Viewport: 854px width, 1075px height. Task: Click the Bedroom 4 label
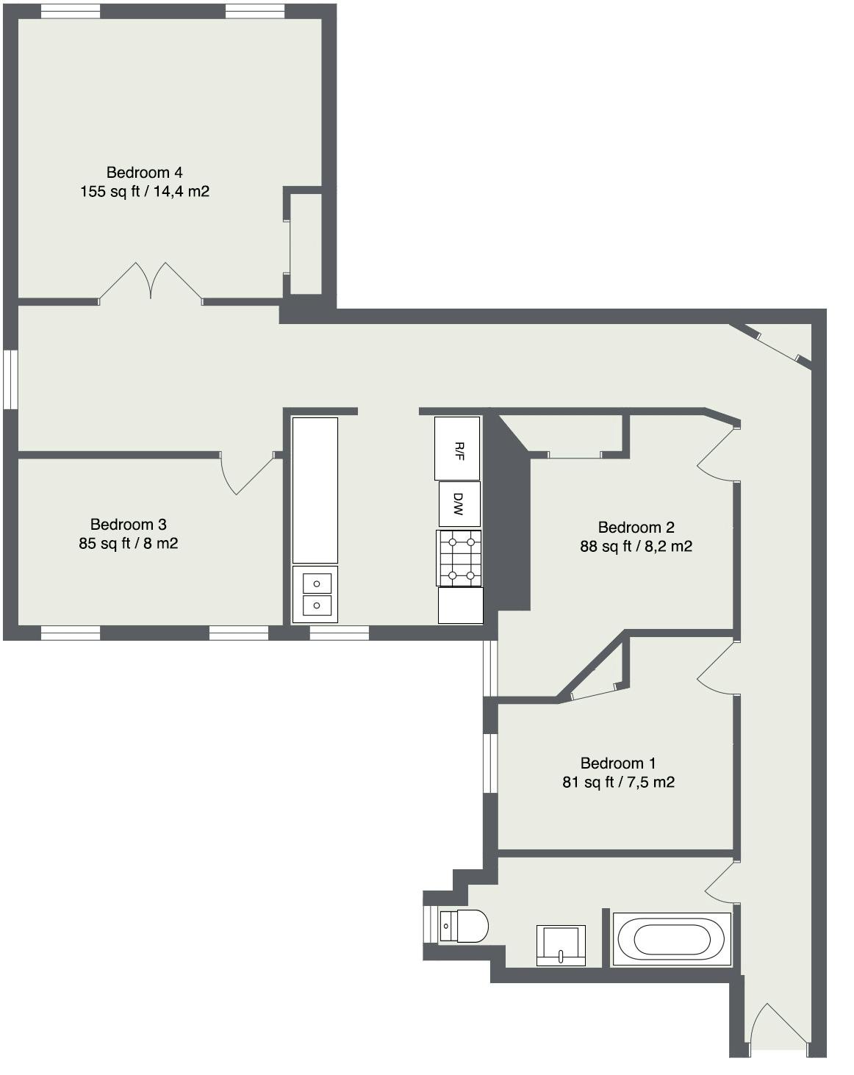point(144,173)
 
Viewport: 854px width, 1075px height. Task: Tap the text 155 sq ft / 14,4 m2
point(144,191)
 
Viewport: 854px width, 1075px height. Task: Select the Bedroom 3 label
point(129,524)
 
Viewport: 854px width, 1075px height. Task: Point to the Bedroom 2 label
point(636,527)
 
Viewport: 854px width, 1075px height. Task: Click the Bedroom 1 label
point(617,763)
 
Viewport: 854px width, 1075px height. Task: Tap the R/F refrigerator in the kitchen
point(456,448)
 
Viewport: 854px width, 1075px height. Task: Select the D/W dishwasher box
point(459,503)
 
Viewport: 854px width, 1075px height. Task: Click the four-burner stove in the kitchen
point(459,558)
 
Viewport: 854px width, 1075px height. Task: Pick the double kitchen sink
point(315,594)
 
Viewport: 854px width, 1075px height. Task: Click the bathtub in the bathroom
point(671,939)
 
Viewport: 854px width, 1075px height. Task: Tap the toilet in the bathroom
point(463,926)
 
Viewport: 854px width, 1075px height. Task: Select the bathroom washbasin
point(561,945)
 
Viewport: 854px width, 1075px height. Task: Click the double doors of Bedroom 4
point(151,283)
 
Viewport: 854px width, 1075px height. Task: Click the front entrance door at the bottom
point(779,1032)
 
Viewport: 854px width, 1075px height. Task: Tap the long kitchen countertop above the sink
point(315,490)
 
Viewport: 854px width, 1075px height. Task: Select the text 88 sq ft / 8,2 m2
point(636,546)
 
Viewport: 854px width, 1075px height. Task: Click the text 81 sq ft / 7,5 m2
point(618,782)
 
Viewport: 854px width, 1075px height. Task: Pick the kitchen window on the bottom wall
point(340,633)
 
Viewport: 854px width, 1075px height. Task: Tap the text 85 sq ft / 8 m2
point(129,543)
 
